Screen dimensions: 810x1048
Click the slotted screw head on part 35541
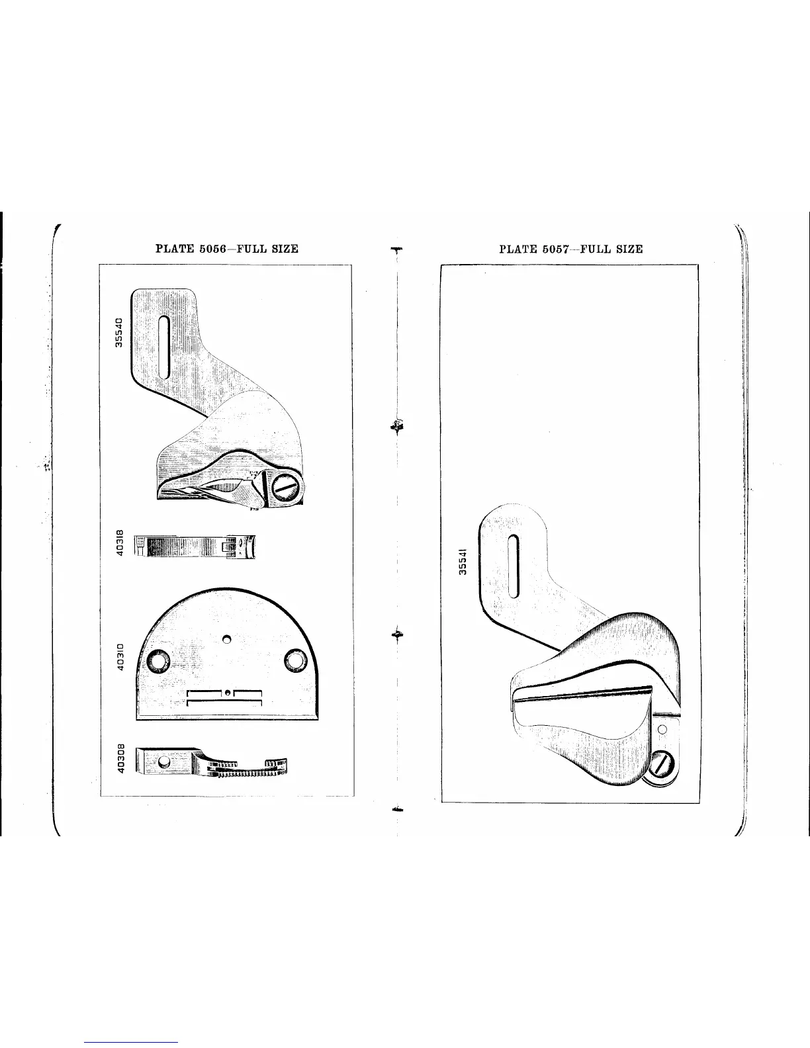pyautogui.click(x=661, y=767)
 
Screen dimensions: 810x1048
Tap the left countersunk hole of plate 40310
pyautogui.click(x=159, y=660)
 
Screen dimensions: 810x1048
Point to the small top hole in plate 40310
pyautogui.click(x=226, y=639)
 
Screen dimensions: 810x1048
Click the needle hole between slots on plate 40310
pyautogui.click(x=227, y=693)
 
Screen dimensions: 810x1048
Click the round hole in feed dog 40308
pyautogui.click(x=161, y=763)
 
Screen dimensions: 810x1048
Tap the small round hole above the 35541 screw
pyautogui.click(x=661, y=728)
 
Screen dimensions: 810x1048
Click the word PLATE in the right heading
pyautogui.click(x=518, y=249)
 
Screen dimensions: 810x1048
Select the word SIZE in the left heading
pyautogui.click(x=283, y=249)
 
